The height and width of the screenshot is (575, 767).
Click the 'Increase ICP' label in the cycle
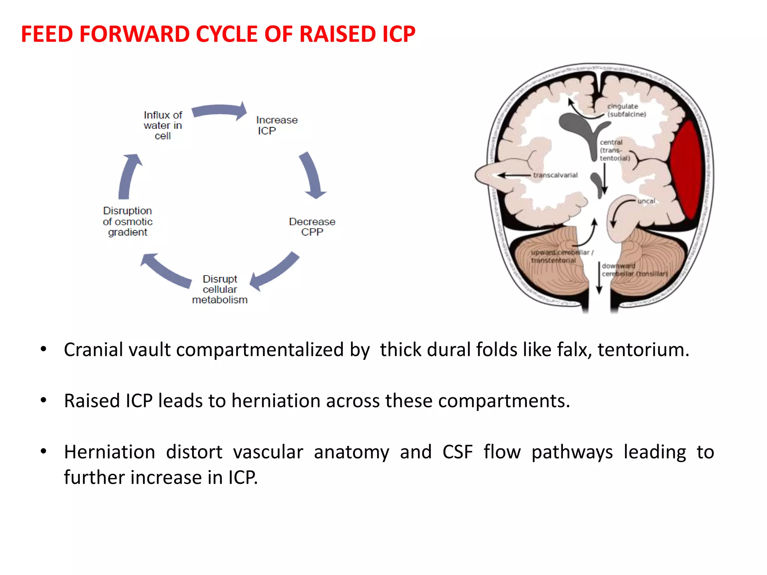276,125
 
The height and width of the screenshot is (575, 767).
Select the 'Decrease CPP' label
312,227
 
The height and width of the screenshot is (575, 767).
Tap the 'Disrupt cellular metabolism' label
220,289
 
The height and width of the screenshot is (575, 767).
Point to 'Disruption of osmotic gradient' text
128,221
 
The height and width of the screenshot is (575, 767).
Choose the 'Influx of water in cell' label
163,125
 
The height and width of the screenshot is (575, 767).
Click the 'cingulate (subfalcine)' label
627,110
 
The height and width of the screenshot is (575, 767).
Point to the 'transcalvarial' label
555,175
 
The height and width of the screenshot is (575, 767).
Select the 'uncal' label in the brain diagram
646,201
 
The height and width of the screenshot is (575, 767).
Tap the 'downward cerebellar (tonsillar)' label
634,270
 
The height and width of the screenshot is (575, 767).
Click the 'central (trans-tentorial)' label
614,150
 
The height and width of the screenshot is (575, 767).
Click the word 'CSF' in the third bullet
457,452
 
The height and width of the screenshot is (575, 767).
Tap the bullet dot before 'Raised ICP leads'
44,400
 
